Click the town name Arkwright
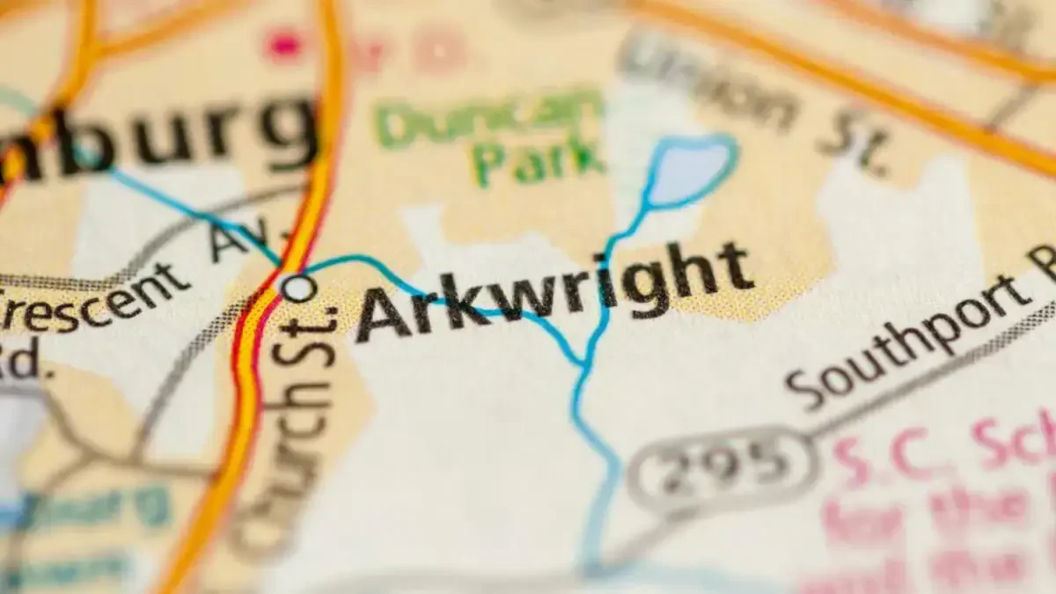tap(554, 290)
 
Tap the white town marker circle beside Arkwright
tap(298, 287)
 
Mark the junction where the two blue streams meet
tap(582, 363)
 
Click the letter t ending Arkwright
tap(734, 268)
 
